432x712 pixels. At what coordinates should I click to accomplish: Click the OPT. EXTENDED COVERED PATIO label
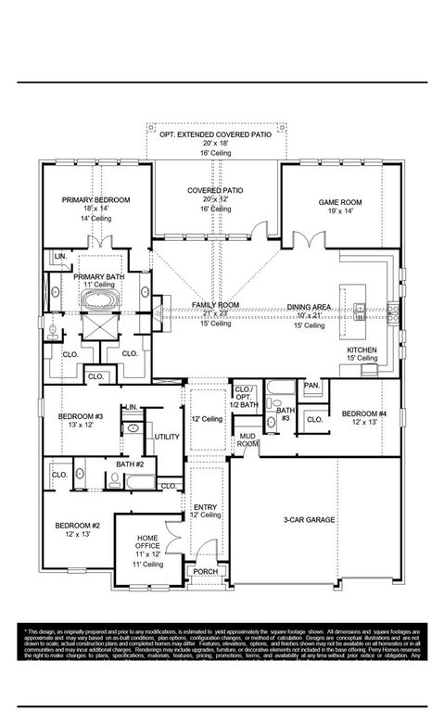(215, 135)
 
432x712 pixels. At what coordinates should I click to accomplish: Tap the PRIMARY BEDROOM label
(95, 200)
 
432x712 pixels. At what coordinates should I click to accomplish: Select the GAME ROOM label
(340, 202)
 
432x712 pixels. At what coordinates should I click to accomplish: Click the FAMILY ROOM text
(215, 305)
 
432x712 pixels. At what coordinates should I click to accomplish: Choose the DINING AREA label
(308, 305)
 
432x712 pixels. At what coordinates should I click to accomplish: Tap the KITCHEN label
(362, 348)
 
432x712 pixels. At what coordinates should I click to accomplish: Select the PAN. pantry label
(311, 385)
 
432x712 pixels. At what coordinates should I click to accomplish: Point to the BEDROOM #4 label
(363, 413)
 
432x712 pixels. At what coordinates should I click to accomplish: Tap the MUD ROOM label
(248, 439)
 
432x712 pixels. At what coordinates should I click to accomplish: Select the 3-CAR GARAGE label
(309, 519)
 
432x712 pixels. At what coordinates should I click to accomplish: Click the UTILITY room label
(167, 436)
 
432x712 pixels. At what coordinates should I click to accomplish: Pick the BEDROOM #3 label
(79, 416)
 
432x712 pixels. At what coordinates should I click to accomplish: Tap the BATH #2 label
(130, 464)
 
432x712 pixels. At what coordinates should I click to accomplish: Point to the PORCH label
(204, 572)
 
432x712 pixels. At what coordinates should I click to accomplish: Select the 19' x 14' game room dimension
(340, 211)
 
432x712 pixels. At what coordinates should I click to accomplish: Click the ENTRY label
(205, 506)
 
